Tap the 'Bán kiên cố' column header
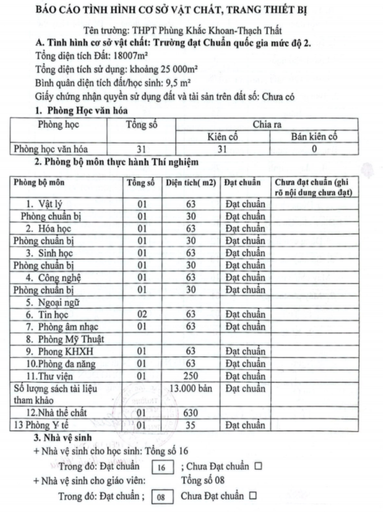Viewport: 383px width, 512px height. tap(314, 137)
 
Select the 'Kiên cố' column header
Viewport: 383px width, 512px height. tap(222, 137)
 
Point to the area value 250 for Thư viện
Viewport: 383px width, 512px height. tap(191, 377)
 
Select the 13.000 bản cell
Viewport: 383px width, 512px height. tap(191, 389)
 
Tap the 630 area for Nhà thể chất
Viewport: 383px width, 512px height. tap(191, 413)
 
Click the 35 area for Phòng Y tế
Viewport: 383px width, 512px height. tap(191, 425)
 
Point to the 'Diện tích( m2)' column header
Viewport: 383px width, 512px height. tap(190, 183)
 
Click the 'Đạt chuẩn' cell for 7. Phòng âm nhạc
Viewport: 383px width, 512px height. tap(245, 327)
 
